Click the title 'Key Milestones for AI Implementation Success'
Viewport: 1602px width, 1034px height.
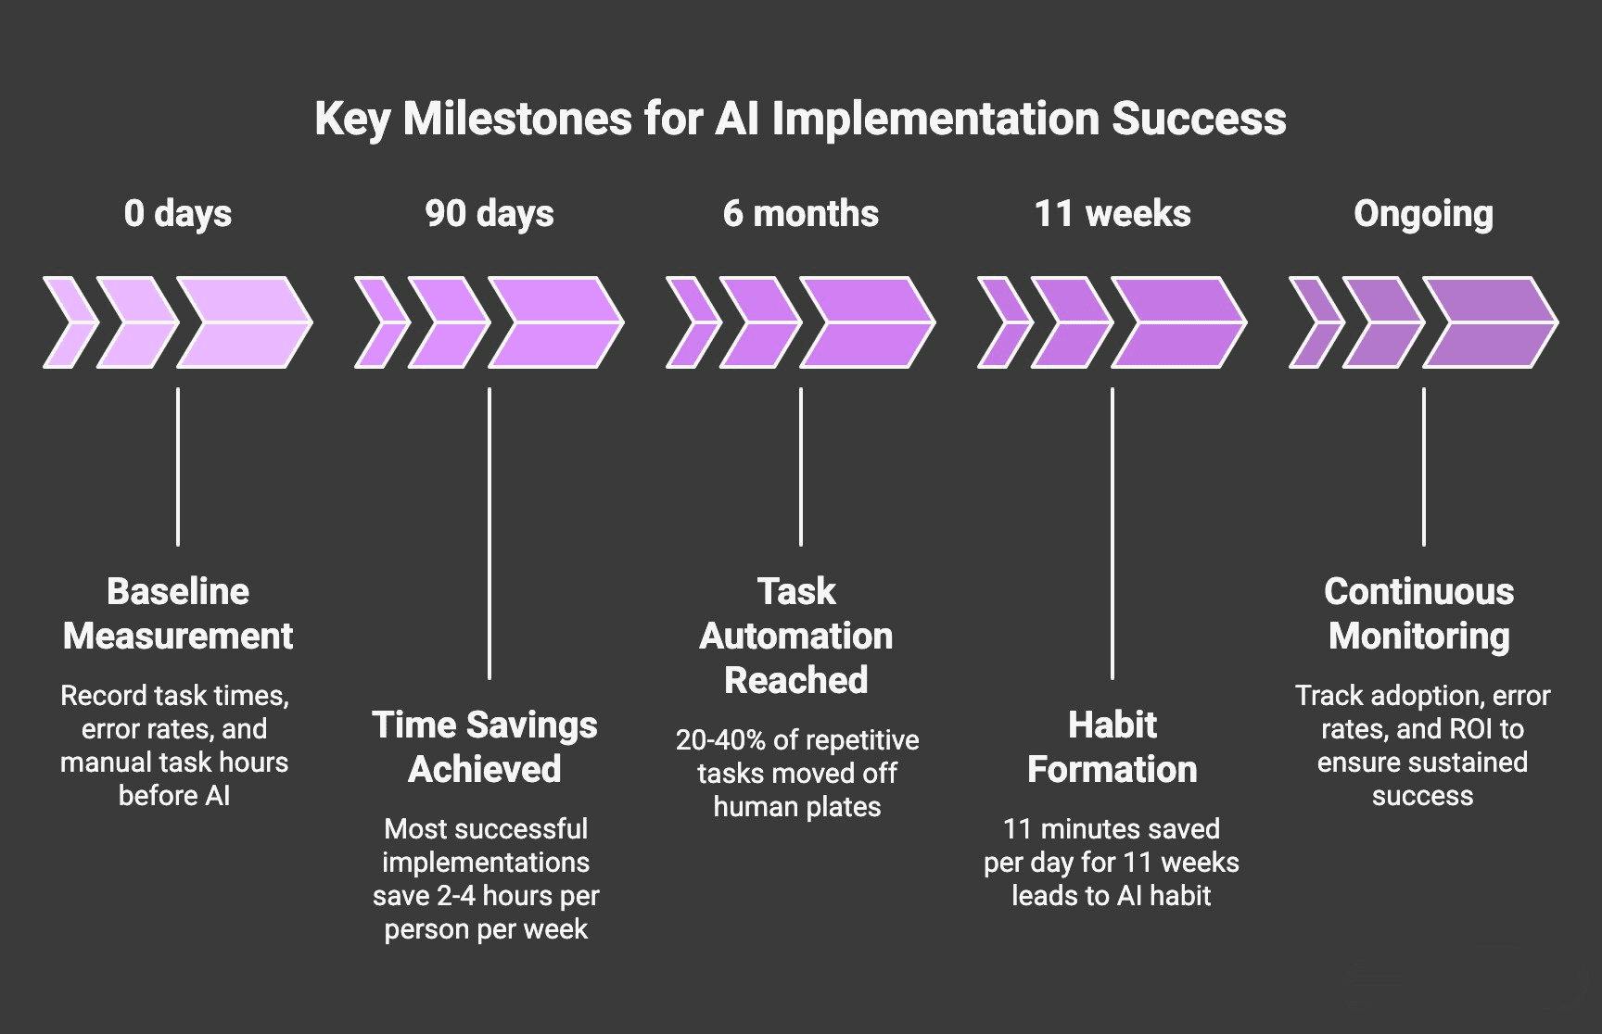point(800,119)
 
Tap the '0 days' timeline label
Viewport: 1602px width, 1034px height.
point(178,214)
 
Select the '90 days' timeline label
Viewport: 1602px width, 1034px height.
point(489,214)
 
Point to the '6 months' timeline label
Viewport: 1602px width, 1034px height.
point(801,214)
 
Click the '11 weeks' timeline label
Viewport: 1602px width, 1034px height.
point(1112,214)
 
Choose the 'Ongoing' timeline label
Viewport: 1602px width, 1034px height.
point(1423,214)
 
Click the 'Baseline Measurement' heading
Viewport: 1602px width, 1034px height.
point(178,613)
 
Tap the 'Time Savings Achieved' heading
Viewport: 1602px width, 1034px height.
point(485,747)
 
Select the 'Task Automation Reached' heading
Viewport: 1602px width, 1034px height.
point(796,636)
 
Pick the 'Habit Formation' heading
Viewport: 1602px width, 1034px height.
point(1112,747)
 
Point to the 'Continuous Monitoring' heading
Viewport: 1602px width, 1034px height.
point(1419,613)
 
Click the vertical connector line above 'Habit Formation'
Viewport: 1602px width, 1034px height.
point(1112,533)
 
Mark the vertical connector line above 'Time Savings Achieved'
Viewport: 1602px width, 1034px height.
point(489,533)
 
